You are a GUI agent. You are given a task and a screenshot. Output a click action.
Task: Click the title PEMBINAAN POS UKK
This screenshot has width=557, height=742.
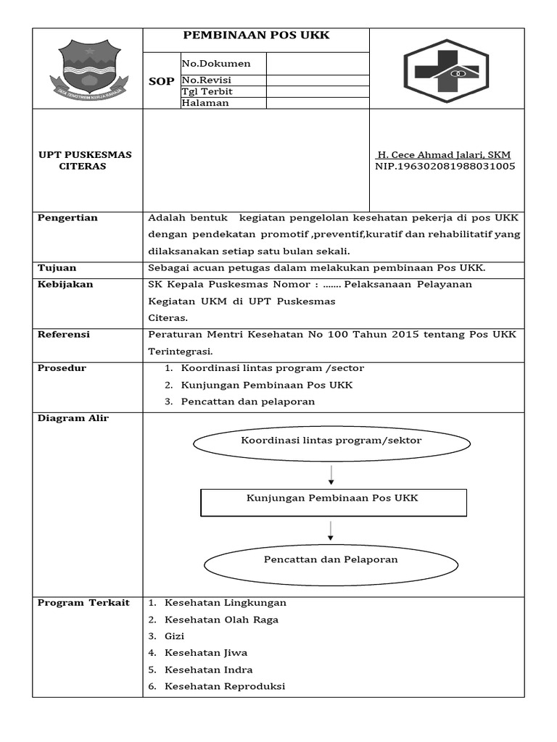(x=256, y=36)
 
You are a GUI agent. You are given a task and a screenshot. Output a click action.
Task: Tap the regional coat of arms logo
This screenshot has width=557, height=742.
(x=87, y=70)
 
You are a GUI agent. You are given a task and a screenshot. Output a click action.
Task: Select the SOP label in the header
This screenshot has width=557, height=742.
(x=161, y=81)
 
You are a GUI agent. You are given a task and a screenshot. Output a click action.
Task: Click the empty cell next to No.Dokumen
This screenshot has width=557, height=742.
(x=318, y=64)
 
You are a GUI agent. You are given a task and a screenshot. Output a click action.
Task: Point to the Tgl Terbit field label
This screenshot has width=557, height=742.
(x=202, y=91)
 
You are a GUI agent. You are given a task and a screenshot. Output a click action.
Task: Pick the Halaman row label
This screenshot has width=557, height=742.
(x=205, y=103)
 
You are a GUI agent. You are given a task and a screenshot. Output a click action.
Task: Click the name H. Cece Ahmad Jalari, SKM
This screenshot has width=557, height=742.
(x=443, y=155)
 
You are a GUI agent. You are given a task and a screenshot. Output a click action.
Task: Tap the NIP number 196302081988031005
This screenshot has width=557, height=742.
(x=445, y=167)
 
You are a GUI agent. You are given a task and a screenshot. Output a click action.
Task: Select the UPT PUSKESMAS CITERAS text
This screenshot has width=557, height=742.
(x=80, y=161)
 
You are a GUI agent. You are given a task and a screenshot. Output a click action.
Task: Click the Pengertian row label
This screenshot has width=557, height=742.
(x=67, y=218)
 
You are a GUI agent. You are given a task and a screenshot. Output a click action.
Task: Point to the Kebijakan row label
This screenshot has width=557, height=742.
(x=65, y=285)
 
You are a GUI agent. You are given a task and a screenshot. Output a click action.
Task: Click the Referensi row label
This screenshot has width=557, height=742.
(x=64, y=335)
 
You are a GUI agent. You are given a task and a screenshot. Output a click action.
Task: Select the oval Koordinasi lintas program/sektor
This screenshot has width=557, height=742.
(x=331, y=441)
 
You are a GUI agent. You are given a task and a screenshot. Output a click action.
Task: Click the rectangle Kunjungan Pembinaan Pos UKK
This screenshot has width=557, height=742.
(x=333, y=501)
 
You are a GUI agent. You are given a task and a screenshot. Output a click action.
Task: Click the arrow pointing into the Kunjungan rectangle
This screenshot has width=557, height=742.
(x=331, y=475)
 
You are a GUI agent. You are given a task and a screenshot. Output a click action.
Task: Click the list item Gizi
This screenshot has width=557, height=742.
(x=174, y=636)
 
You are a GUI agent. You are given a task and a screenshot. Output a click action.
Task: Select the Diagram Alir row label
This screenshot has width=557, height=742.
(x=73, y=419)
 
